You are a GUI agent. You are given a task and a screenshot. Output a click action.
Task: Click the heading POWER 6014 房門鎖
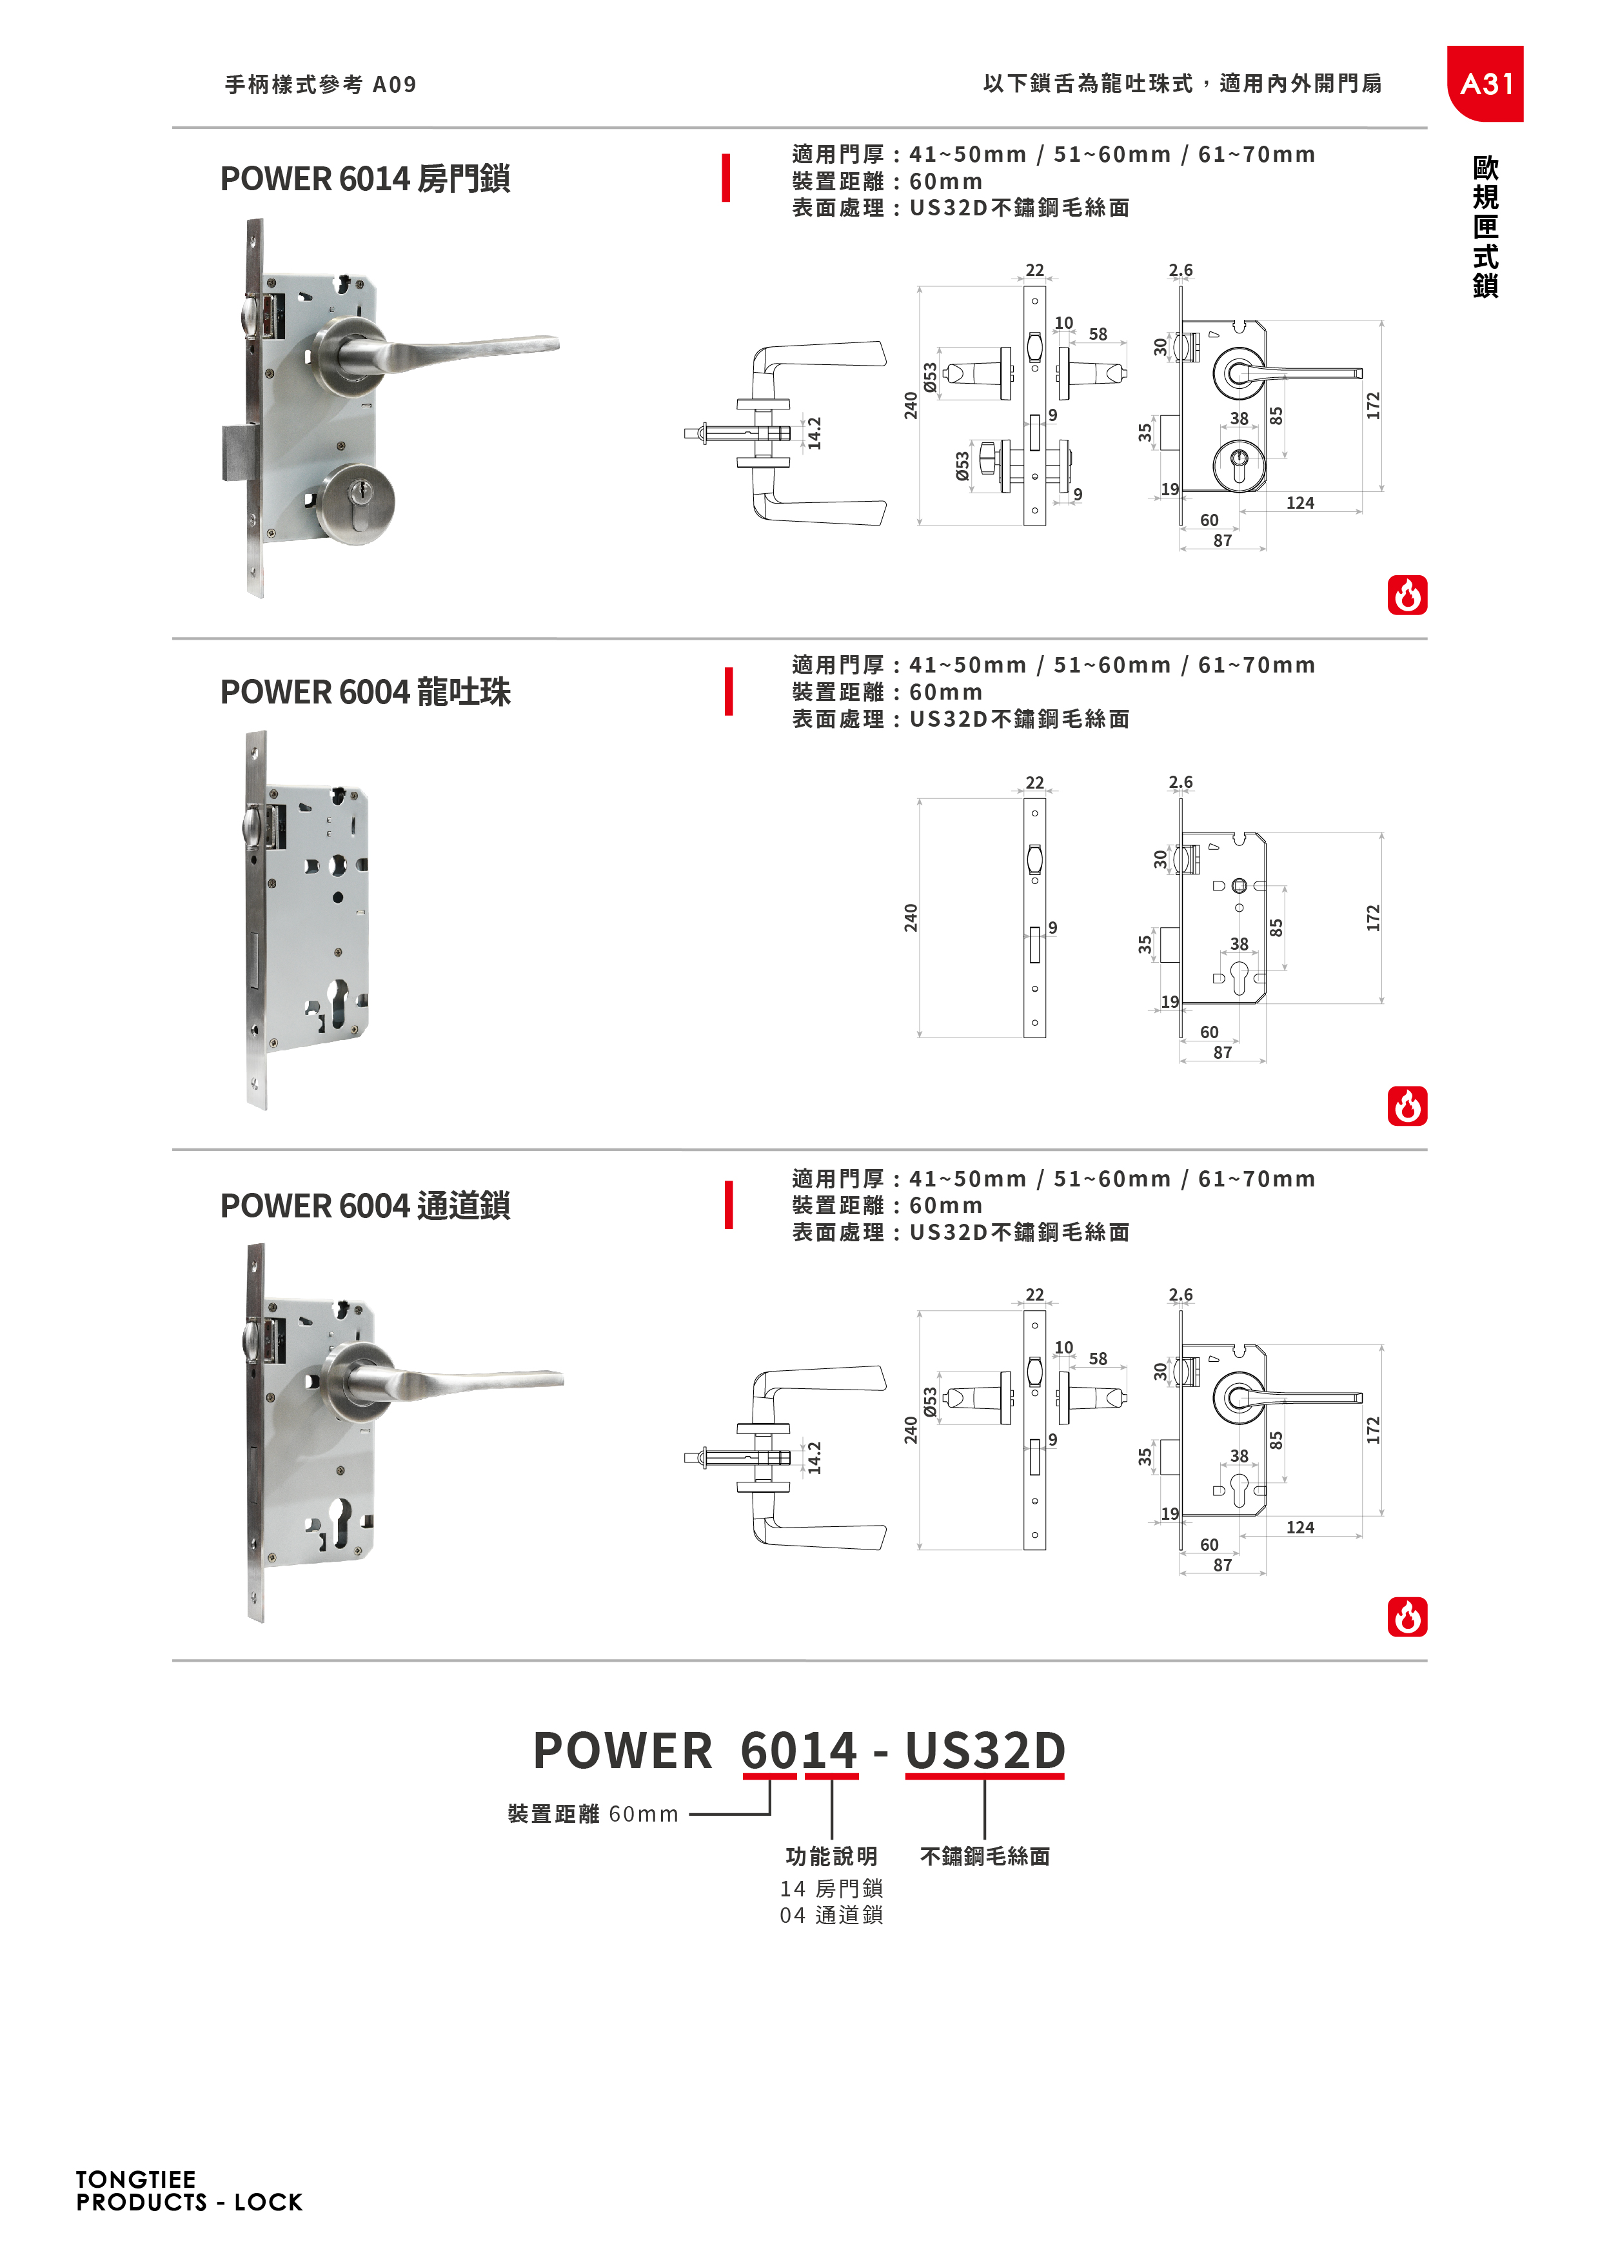click(364, 179)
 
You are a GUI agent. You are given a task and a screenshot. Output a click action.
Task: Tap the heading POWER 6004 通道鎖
click(364, 1206)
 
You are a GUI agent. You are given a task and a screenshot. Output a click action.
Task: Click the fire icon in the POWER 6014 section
click(1407, 595)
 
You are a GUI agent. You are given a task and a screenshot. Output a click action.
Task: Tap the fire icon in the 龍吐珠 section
click(1407, 1106)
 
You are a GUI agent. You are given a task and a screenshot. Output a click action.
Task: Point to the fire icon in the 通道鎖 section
click(1407, 1618)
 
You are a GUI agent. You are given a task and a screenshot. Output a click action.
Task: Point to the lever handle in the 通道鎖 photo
click(463, 1381)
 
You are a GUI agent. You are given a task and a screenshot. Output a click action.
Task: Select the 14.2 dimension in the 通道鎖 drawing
click(815, 1458)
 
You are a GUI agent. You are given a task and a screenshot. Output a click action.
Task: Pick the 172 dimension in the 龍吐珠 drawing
click(1374, 918)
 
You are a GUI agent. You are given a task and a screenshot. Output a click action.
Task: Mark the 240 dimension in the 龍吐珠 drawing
click(911, 918)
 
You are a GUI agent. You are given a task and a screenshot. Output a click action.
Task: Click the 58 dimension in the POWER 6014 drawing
click(1098, 335)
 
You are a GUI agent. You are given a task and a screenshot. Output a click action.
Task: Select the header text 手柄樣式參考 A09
click(321, 84)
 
